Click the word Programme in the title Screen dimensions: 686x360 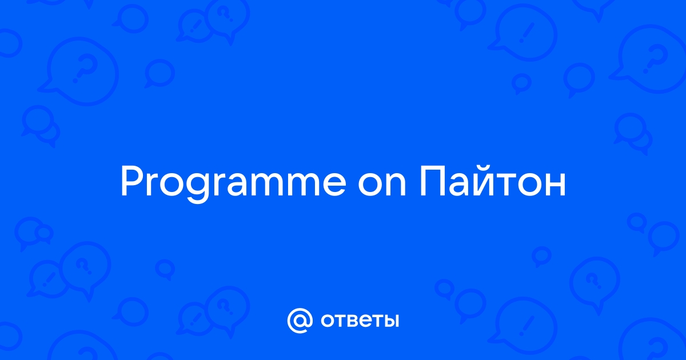233,183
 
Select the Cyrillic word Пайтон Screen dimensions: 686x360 492,181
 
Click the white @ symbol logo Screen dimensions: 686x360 300,321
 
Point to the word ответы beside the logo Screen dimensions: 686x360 360,321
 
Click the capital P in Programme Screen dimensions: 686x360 132,181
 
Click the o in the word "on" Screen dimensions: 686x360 370,184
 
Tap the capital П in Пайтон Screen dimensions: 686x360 432,181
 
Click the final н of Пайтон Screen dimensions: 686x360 556,184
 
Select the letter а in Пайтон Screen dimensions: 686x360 460,184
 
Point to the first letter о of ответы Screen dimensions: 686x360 328,321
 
